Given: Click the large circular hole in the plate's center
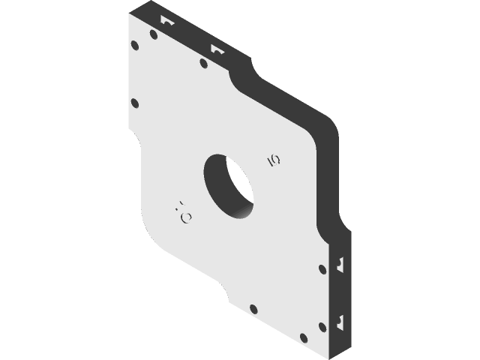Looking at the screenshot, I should pyautogui.click(x=228, y=187).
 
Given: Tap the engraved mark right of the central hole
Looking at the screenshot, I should pyautogui.click(x=274, y=159).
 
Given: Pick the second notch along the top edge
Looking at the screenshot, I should pyautogui.click(x=217, y=50).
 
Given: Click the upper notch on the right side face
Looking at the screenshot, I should pyautogui.click(x=340, y=264).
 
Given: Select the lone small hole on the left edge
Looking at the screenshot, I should pyautogui.click(x=134, y=103).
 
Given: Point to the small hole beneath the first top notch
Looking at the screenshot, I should pyautogui.click(x=154, y=34).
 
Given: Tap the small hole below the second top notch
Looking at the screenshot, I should pyautogui.click(x=203, y=63).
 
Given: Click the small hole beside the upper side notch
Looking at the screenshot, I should pyautogui.click(x=322, y=269).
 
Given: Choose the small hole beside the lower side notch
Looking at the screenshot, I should pyautogui.click(x=322, y=326).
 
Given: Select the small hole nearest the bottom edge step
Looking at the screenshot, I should pyautogui.click(x=253, y=308).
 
